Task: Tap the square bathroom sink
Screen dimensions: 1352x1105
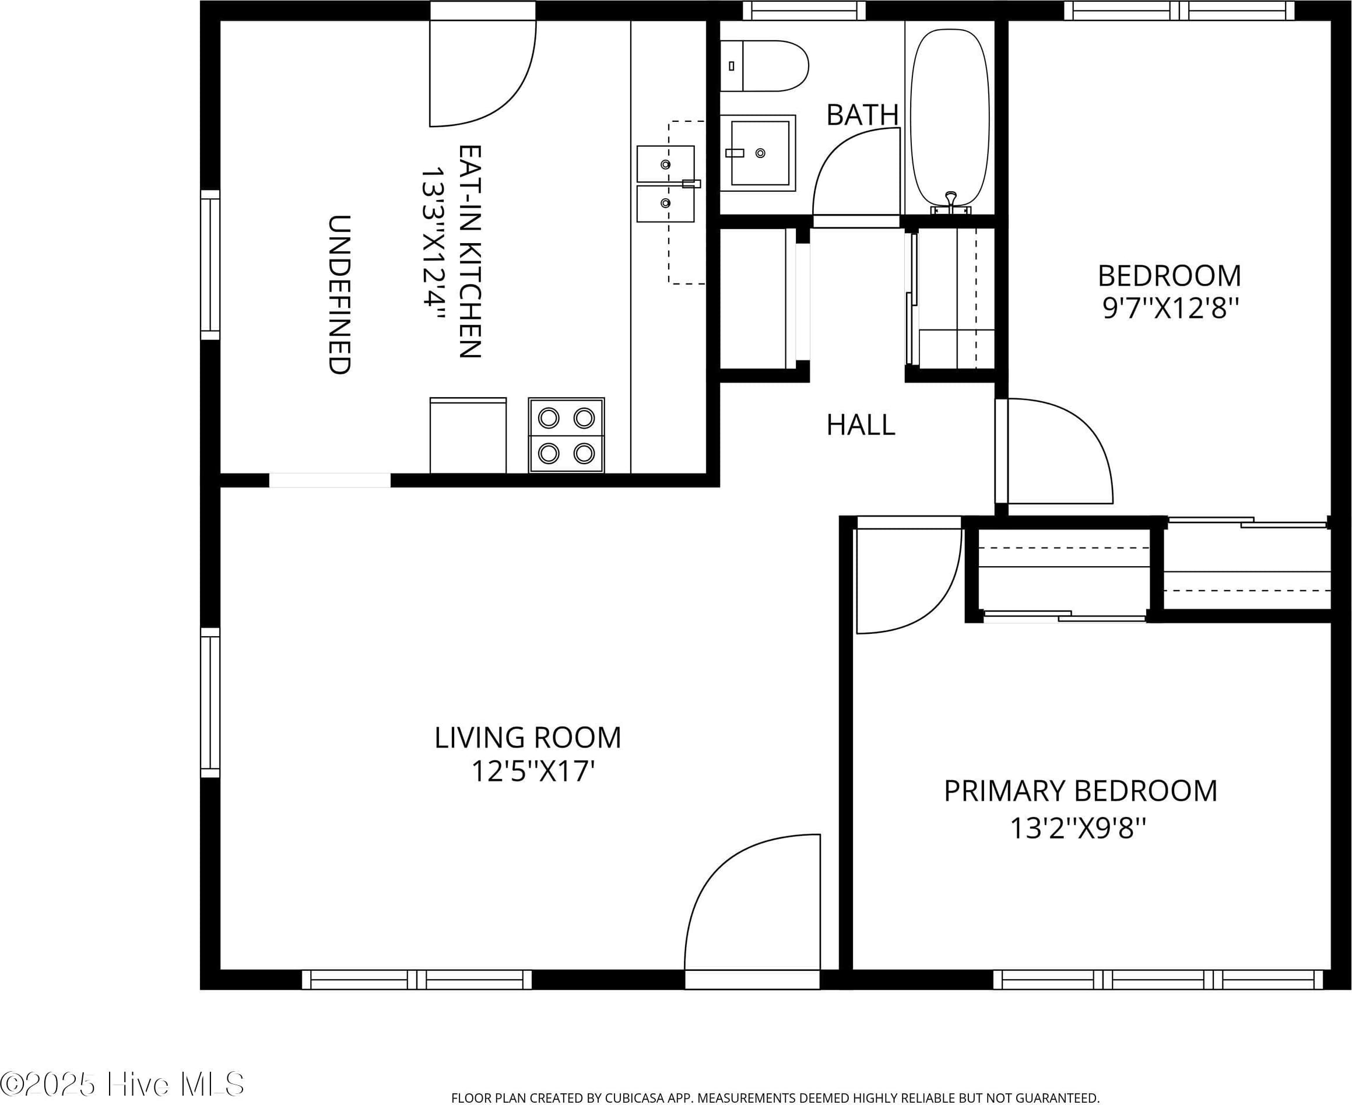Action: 758,153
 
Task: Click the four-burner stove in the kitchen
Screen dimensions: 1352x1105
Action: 566,436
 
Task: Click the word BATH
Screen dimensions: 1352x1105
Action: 862,115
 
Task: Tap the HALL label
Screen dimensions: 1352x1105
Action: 861,425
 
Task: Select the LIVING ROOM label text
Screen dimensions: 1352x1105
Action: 528,738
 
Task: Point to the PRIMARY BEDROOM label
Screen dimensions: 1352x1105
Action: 1080,791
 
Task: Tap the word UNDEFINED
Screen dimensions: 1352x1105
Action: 339,294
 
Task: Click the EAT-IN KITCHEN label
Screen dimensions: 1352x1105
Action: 470,251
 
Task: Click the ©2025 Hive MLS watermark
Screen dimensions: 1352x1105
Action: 122,1083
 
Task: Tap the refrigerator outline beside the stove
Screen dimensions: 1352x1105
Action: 468,436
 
